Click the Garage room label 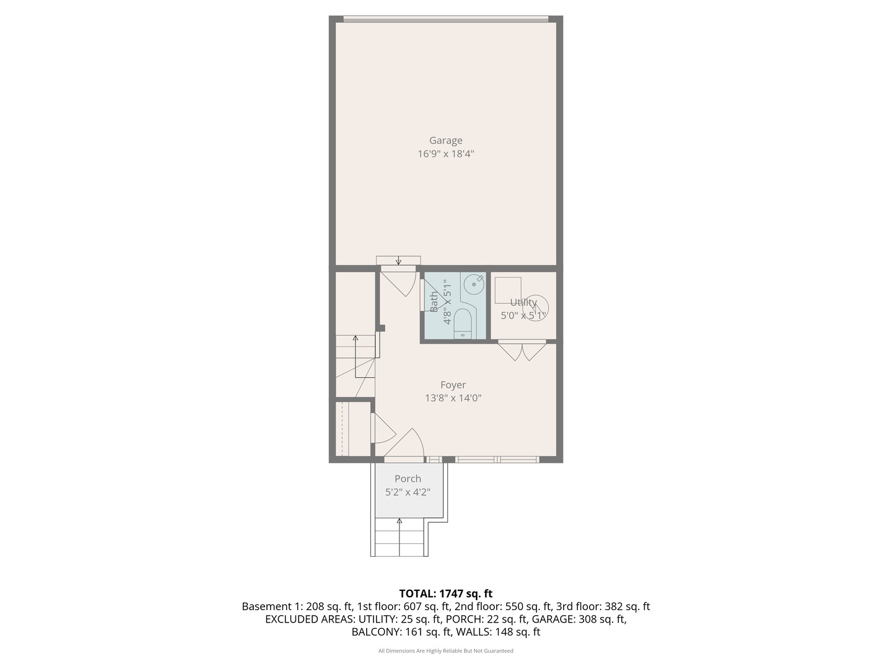click(445, 141)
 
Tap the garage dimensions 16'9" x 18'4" click(445, 154)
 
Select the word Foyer click(453, 385)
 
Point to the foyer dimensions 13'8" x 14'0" click(453, 398)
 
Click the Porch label click(408, 479)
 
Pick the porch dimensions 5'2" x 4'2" click(408, 492)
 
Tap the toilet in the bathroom click(463, 323)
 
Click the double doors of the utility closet click(522, 351)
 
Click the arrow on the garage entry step click(398, 260)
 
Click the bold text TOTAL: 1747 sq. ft click(445, 593)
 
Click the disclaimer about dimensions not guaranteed click(445, 651)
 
